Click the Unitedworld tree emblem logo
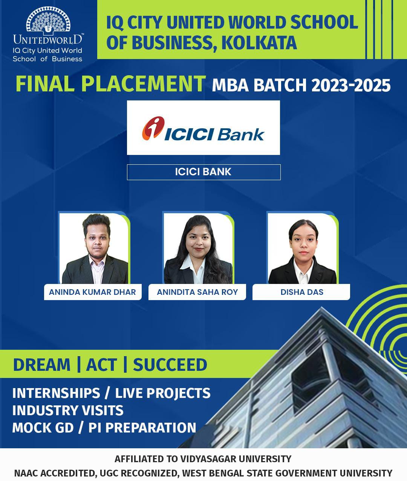click(x=48, y=19)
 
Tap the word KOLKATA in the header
click(x=259, y=43)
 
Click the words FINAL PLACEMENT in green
click(x=110, y=84)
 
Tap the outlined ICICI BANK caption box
click(x=203, y=172)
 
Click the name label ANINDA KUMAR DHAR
click(x=93, y=292)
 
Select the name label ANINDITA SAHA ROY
click(x=197, y=292)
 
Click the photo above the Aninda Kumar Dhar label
click(x=94, y=248)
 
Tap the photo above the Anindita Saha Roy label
click(x=198, y=248)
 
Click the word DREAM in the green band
click(x=42, y=365)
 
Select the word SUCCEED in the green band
click(x=170, y=365)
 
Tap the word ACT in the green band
click(x=101, y=365)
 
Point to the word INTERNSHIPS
click(x=56, y=393)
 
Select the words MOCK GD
click(x=43, y=428)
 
